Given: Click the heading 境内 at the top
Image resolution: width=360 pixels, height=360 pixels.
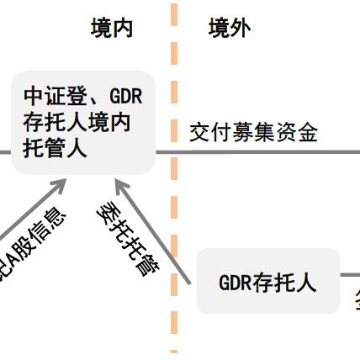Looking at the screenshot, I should click(112, 29).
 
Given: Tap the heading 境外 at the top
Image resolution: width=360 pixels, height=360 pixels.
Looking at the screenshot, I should click(230, 29).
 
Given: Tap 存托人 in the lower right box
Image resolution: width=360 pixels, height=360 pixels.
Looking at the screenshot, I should click(285, 283).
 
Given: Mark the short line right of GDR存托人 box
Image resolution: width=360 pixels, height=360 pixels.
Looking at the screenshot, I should click(350, 275).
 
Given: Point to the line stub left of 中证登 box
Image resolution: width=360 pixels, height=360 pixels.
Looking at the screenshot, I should click(4, 152).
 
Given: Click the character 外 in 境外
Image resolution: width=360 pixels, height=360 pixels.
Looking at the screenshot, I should click(241, 29).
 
